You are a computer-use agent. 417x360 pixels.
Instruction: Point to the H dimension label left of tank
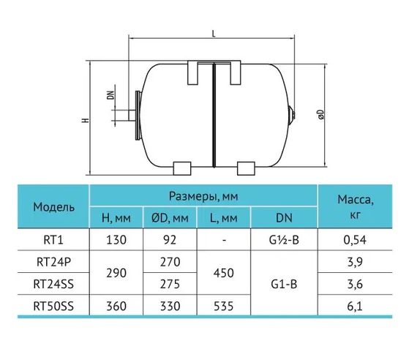coord(85,120)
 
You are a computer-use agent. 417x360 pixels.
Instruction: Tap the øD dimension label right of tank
coord(321,114)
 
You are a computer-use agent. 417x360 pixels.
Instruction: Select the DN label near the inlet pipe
coord(110,95)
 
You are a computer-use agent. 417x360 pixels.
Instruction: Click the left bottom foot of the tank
coord(182,168)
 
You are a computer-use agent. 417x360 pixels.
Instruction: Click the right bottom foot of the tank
coord(246,168)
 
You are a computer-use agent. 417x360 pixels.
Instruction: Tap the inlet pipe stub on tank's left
coord(132,116)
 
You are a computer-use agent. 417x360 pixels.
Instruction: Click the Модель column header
coord(53,207)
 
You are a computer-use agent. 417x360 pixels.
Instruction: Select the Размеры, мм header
coord(203,196)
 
